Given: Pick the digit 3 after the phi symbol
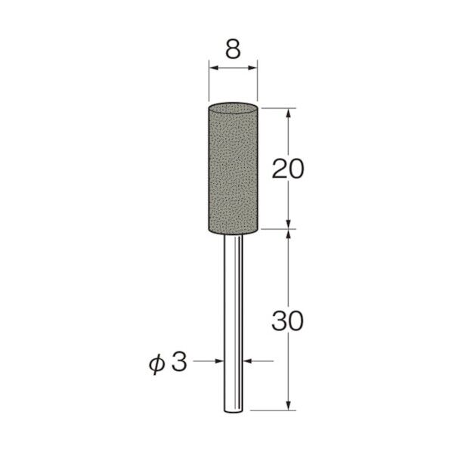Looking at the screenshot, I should pos(178,362).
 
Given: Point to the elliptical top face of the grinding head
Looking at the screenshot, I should pos(233,109).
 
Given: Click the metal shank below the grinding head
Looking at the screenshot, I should pos(233,317).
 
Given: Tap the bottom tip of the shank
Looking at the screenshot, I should pos(233,410).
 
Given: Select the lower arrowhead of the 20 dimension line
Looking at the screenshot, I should pos(288,223).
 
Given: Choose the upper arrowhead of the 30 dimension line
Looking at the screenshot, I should pos(288,234).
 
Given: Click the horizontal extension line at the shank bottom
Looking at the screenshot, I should pos(272,410).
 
